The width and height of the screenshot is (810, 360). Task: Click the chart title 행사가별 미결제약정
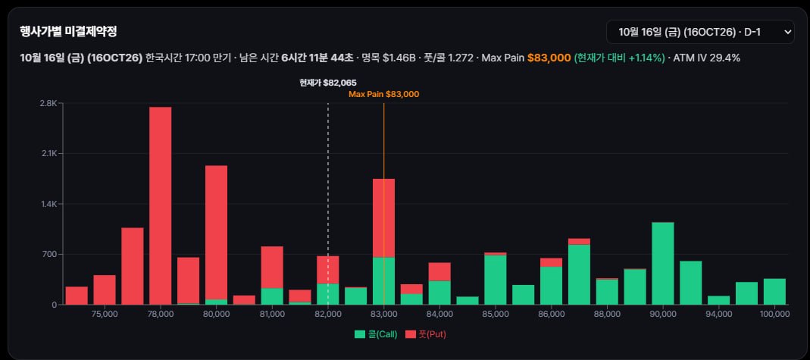68,32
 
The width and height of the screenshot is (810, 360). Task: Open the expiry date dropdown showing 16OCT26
700,32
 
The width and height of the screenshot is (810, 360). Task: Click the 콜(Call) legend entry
376,334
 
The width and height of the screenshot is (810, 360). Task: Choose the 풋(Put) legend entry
425,334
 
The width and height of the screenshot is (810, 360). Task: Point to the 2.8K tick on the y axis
48,103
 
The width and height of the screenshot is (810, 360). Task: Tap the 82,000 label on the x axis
328,314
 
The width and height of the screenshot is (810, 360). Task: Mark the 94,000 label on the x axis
718,314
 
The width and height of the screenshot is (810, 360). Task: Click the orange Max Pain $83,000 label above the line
384,95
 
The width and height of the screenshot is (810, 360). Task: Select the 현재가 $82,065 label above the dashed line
328,83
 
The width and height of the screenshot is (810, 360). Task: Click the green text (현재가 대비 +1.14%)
619,58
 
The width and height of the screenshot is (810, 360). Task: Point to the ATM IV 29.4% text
707,58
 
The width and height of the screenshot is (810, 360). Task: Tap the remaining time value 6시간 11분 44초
317,58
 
